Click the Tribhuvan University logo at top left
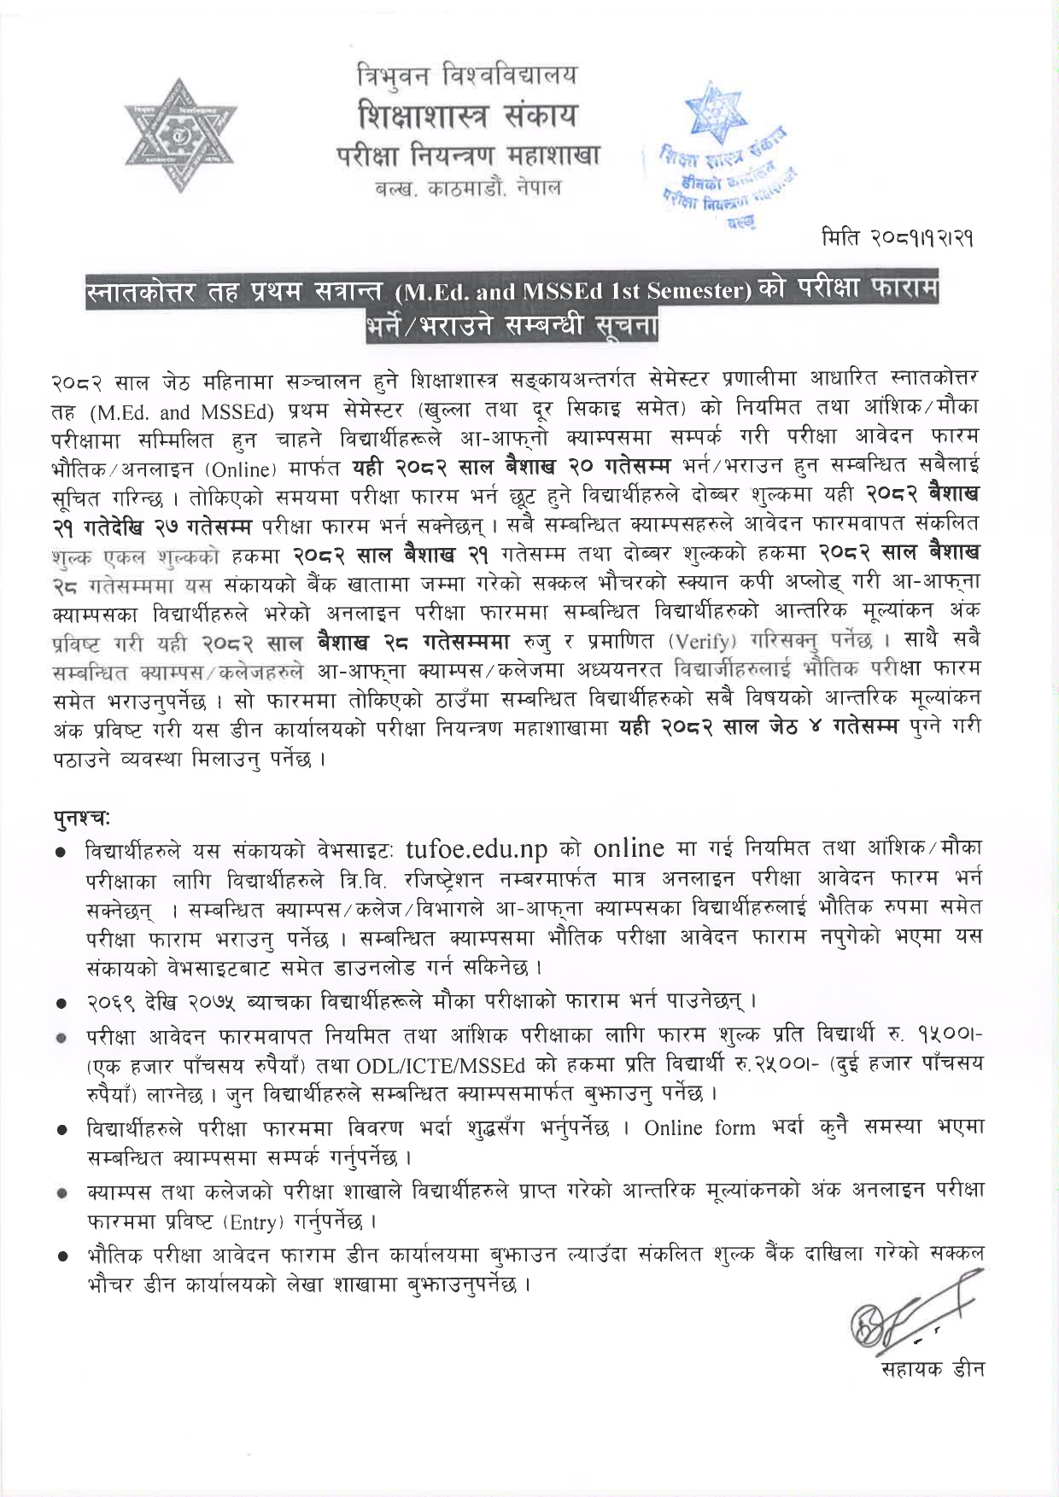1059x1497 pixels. pos(180,137)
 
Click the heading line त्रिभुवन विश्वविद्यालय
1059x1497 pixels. pos(466,77)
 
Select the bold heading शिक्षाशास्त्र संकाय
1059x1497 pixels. pos(466,115)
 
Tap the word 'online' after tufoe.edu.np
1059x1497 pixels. pos(629,848)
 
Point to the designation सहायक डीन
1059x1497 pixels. pos(932,1369)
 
